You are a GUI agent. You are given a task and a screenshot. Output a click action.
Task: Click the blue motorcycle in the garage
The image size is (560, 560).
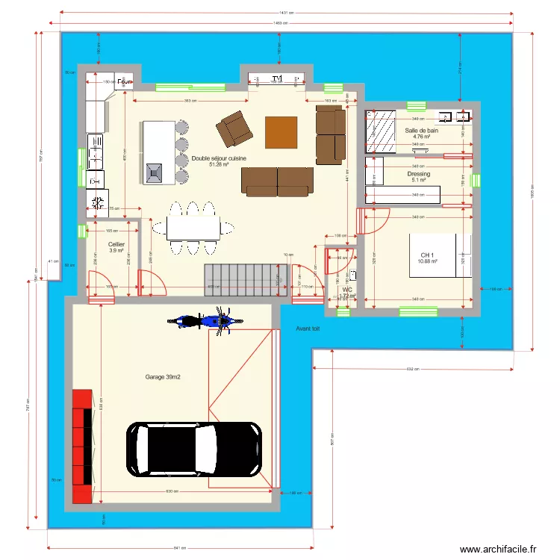(x=203, y=322)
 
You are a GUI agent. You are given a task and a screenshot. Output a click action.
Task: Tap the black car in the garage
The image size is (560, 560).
(x=194, y=449)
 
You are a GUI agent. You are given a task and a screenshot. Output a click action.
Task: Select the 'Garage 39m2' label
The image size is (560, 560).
(x=164, y=378)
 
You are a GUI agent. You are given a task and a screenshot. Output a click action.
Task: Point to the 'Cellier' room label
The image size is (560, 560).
(x=116, y=244)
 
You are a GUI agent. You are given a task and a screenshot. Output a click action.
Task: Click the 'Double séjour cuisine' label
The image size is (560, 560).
(x=219, y=158)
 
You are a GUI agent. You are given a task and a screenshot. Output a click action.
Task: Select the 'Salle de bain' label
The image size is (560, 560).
(x=422, y=131)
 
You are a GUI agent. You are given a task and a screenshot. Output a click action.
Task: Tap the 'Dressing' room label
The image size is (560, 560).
(x=419, y=174)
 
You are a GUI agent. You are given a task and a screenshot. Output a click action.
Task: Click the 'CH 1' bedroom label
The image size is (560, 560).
(x=427, y=255)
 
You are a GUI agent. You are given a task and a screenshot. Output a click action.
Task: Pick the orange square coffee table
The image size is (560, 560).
(x=281, y=132)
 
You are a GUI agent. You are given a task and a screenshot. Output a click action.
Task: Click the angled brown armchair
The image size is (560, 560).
(x=234, y=128)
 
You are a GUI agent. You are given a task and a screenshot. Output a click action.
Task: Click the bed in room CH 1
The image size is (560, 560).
(x=441, y=255)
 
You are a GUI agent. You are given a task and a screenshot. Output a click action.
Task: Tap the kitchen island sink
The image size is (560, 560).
(x=155, y=172)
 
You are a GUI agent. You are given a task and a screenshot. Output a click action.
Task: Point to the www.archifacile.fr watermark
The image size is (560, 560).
(x=498, y=549)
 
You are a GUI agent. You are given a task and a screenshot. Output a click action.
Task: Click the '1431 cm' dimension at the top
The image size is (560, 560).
(x=287, y=12)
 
